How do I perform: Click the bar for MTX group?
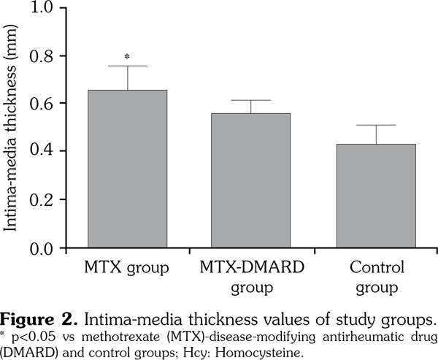point(128,169)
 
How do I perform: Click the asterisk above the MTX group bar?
point(128,57)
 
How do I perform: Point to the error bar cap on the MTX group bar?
point(128,66)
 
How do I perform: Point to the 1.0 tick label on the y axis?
point(39,9)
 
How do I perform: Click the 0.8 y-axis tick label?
point(39,56)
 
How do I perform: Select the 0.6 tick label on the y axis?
point(39,104)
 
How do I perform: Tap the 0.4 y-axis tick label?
point(39,151)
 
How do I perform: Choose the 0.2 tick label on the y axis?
point(39,199)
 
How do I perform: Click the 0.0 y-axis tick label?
point(39,248)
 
